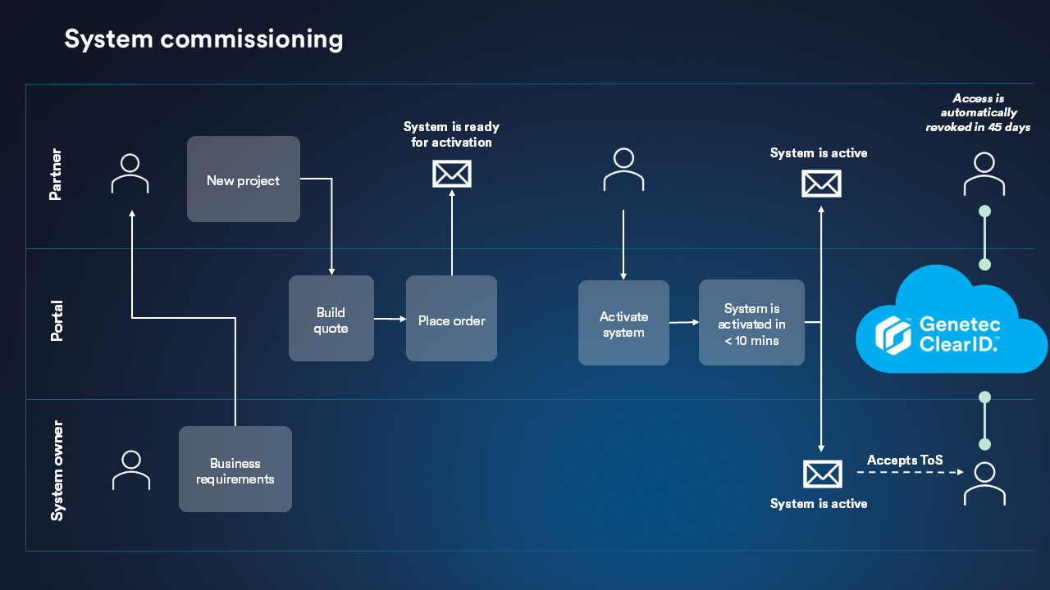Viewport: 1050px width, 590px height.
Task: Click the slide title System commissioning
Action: pos(203,39)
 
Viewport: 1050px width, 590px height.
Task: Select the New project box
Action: pos(244,179)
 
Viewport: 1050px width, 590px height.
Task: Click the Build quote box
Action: pos(331,319)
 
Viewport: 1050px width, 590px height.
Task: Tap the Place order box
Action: pos(451,319)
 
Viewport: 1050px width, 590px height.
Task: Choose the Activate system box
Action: pos(623,324)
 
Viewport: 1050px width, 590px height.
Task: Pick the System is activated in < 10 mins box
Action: pos(751,323)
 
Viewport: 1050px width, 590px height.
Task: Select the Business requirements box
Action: pos(235,470)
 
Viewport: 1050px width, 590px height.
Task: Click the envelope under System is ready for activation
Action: pos(451,174)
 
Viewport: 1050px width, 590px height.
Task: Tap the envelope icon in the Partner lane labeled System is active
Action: pos(821,184)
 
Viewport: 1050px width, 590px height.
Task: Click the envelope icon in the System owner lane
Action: pos(822,474)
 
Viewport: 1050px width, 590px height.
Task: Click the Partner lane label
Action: pos(56,175)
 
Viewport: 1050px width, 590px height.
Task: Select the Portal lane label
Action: pos(56,321)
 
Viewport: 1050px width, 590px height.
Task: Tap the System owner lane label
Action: pos(57,471)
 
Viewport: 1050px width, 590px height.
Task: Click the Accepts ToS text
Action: pos(905,460)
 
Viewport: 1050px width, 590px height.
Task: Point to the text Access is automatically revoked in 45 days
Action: pos(978,113)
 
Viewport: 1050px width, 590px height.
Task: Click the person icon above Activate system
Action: pos(623,170)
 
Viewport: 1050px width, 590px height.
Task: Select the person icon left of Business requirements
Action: pos(131,470)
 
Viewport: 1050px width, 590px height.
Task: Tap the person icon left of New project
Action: pos(130,174)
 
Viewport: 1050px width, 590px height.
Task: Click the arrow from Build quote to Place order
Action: pos(390,319)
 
